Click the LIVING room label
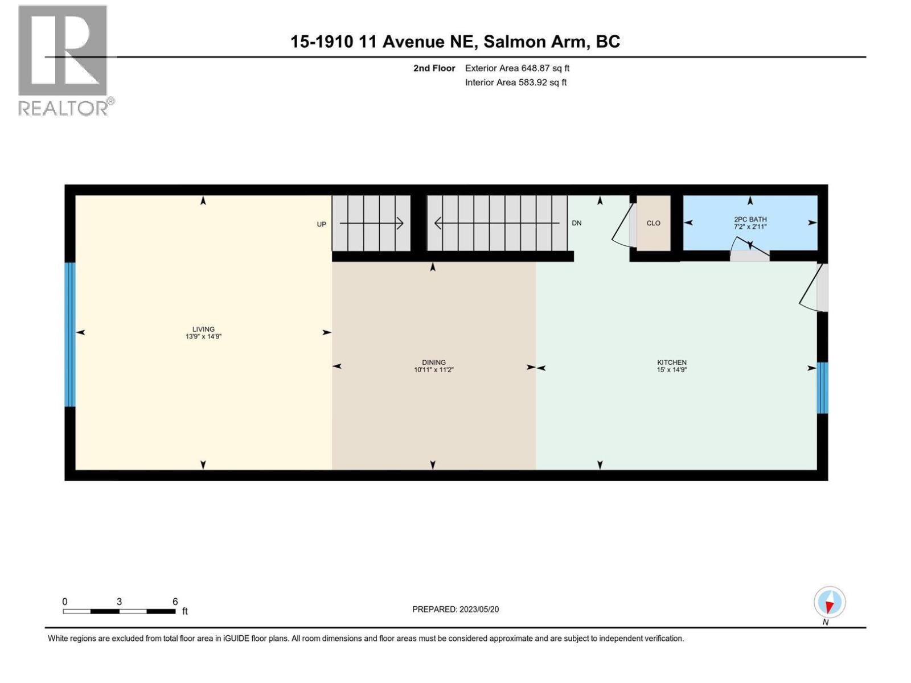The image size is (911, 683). tap(203, 329)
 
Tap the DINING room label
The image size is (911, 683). tap(433, 362)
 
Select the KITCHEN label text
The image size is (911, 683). tap(672, 362)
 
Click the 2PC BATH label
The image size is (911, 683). tap(750, 219)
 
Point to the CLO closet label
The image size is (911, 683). tap(653, 223)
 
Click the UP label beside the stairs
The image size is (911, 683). tap(322, 224)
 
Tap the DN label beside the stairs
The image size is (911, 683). tap(577, 223)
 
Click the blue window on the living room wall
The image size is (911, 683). tap(70, 335)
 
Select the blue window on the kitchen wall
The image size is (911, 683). tap(822, 388)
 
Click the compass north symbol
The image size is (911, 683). tap(830, 603)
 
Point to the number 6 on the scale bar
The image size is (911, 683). tap(175, 602)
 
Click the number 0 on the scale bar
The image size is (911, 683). tap(65, 602)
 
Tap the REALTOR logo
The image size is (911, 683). tap(64, 60)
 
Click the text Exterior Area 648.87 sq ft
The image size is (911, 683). tap(517, 68)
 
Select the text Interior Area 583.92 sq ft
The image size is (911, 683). tap(515, 83)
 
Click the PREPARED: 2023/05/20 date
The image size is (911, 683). tap(455, 609)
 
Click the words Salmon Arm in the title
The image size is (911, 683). tap(536, 42)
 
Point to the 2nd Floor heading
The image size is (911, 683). tap(434, 68)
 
